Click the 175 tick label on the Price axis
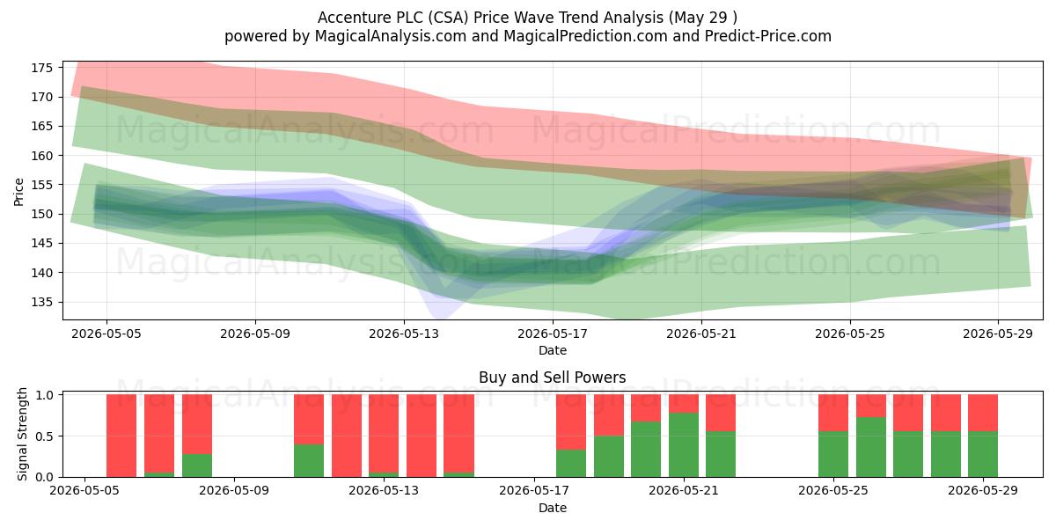pos(42,68)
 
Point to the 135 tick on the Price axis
pos(42,302)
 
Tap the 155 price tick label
pos(42,185)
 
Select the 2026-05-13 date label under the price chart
pos(404,334)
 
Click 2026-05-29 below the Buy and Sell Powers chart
pos(983,491)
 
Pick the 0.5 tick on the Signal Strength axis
pos(45,436)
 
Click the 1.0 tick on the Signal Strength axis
pos(45,394)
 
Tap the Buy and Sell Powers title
pos(553,378)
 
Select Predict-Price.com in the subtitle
pos(768,36)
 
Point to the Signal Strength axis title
pos(22,435)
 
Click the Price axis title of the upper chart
pos(18,192)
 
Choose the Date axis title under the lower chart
pos(553,509)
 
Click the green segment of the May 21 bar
pos(684,445)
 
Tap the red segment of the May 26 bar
pos(870,406)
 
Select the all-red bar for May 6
pos(121,436)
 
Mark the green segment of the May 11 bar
pos(309,460)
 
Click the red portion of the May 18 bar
pos(571,422)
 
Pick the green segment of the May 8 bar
pos(197,466)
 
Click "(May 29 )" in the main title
pos(703,18)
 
